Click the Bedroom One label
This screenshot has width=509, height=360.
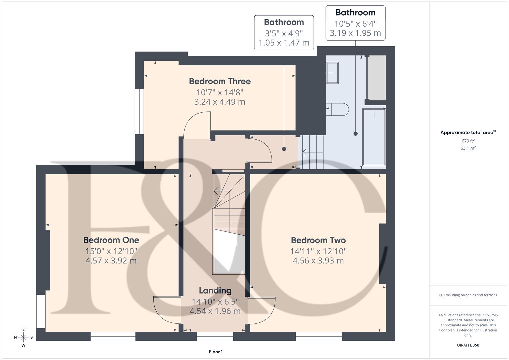coord(111,240)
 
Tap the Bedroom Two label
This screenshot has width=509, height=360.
coord(318,240)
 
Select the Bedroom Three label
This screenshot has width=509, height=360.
coord(220,81)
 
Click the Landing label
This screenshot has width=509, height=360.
coord(215,291)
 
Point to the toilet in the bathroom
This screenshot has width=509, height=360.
coord(338,109)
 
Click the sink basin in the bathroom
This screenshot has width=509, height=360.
coord(332,73)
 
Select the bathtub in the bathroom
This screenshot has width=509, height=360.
coord(374,137)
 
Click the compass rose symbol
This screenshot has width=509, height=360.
coord(23,337)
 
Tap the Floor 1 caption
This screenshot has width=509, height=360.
coord(216,352)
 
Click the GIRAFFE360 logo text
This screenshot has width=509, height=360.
coord(468,345)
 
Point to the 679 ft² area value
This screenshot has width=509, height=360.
coord(468,141)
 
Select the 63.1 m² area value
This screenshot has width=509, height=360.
coord(468,148)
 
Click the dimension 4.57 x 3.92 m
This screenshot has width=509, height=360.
coord(111,261)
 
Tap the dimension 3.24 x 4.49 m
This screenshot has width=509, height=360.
coord(220,102)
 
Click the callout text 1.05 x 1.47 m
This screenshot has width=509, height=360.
coord(284,43)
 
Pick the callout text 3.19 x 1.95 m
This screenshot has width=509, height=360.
coord(355,33)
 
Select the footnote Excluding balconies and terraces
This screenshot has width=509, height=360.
coord(468,295)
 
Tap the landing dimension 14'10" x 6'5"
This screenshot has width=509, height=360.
coord(215,302)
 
